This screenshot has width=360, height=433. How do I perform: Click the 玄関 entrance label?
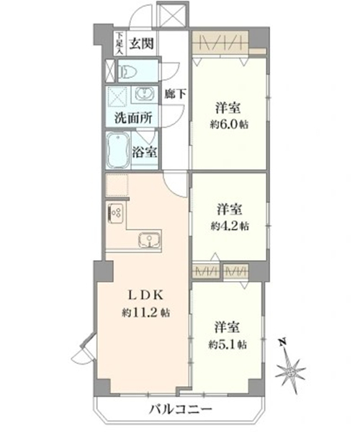pos(141,44)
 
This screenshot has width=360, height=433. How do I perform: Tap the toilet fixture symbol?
pos(127,72)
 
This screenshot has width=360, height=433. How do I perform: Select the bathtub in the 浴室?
pos(118,151)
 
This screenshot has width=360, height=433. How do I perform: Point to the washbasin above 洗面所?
pos(145,94)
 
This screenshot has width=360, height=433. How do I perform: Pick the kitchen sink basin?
pos(149,240)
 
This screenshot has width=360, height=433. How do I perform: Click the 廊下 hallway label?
pos(175,94)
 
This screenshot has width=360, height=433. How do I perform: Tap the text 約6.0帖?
pos(229,125)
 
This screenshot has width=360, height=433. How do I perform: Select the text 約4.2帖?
pos(230,226)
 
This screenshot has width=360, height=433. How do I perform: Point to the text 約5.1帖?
pos(228,344)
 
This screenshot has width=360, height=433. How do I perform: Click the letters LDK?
pos(145,295)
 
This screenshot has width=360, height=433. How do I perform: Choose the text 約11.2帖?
pos(145,313)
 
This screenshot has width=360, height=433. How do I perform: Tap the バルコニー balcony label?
pos(181,409)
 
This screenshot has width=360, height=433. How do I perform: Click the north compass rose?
pos(290,372)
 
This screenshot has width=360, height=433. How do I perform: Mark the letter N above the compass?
pos(282,343)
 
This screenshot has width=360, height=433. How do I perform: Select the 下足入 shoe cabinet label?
pos(120,43)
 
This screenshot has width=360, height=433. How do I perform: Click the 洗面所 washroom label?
pos(133,118)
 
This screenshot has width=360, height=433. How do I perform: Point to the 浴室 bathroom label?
pos(145,151)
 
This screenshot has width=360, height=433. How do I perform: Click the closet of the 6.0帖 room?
pos(220,43)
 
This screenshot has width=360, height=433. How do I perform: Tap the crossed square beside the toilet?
pos(110,71)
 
